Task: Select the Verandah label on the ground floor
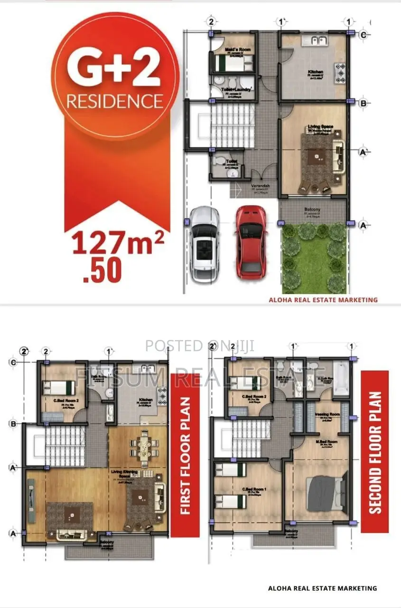260,186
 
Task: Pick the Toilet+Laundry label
236,89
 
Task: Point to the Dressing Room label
327,414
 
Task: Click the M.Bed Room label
327,441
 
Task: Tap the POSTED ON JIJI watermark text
199,345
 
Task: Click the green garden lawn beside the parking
313,259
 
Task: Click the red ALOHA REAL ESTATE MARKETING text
323,300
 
